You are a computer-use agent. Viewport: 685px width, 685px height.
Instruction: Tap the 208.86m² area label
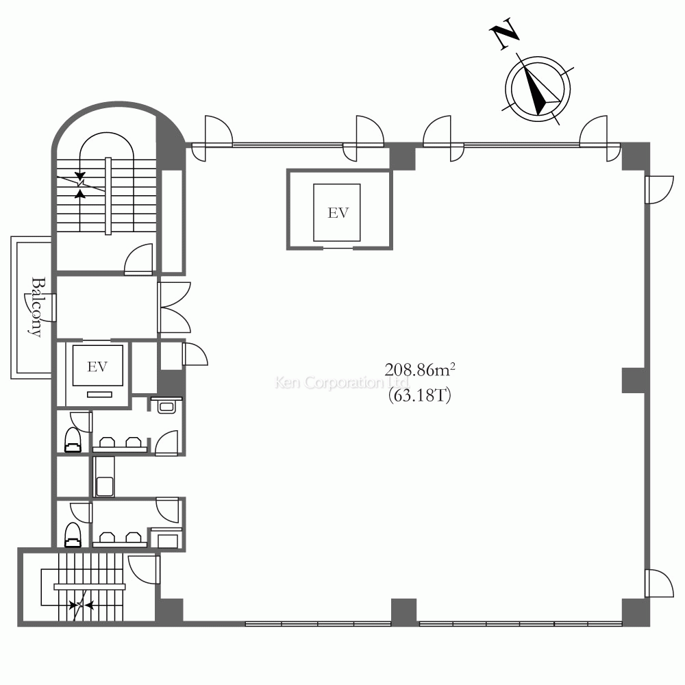click(420, 370)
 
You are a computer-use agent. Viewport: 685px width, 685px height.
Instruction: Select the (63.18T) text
click(420, 395)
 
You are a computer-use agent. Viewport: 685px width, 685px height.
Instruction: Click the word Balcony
click(38, 307)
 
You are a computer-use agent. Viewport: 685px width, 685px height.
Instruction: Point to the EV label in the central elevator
click(338, 213)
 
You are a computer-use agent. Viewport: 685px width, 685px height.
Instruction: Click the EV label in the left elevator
click(97, 366)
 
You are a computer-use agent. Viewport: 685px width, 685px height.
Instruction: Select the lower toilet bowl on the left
click(73, 534)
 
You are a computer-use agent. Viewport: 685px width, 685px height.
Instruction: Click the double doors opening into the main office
click(175, 308)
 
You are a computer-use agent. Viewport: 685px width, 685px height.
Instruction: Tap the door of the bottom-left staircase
click(144, 569)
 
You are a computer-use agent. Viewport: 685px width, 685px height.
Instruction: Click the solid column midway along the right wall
click(634, 380)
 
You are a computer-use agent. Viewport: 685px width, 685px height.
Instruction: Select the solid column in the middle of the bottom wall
click(403, 611)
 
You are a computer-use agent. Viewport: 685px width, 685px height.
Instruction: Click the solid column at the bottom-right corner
click(635, 612)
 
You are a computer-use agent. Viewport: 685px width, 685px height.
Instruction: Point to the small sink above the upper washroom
click(166, 406)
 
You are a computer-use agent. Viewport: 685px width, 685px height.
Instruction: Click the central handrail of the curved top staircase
click(108, 196)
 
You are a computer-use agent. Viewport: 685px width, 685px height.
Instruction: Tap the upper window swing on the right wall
click(659, 190)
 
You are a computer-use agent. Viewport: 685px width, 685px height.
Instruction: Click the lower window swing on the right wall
click(659, 583)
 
